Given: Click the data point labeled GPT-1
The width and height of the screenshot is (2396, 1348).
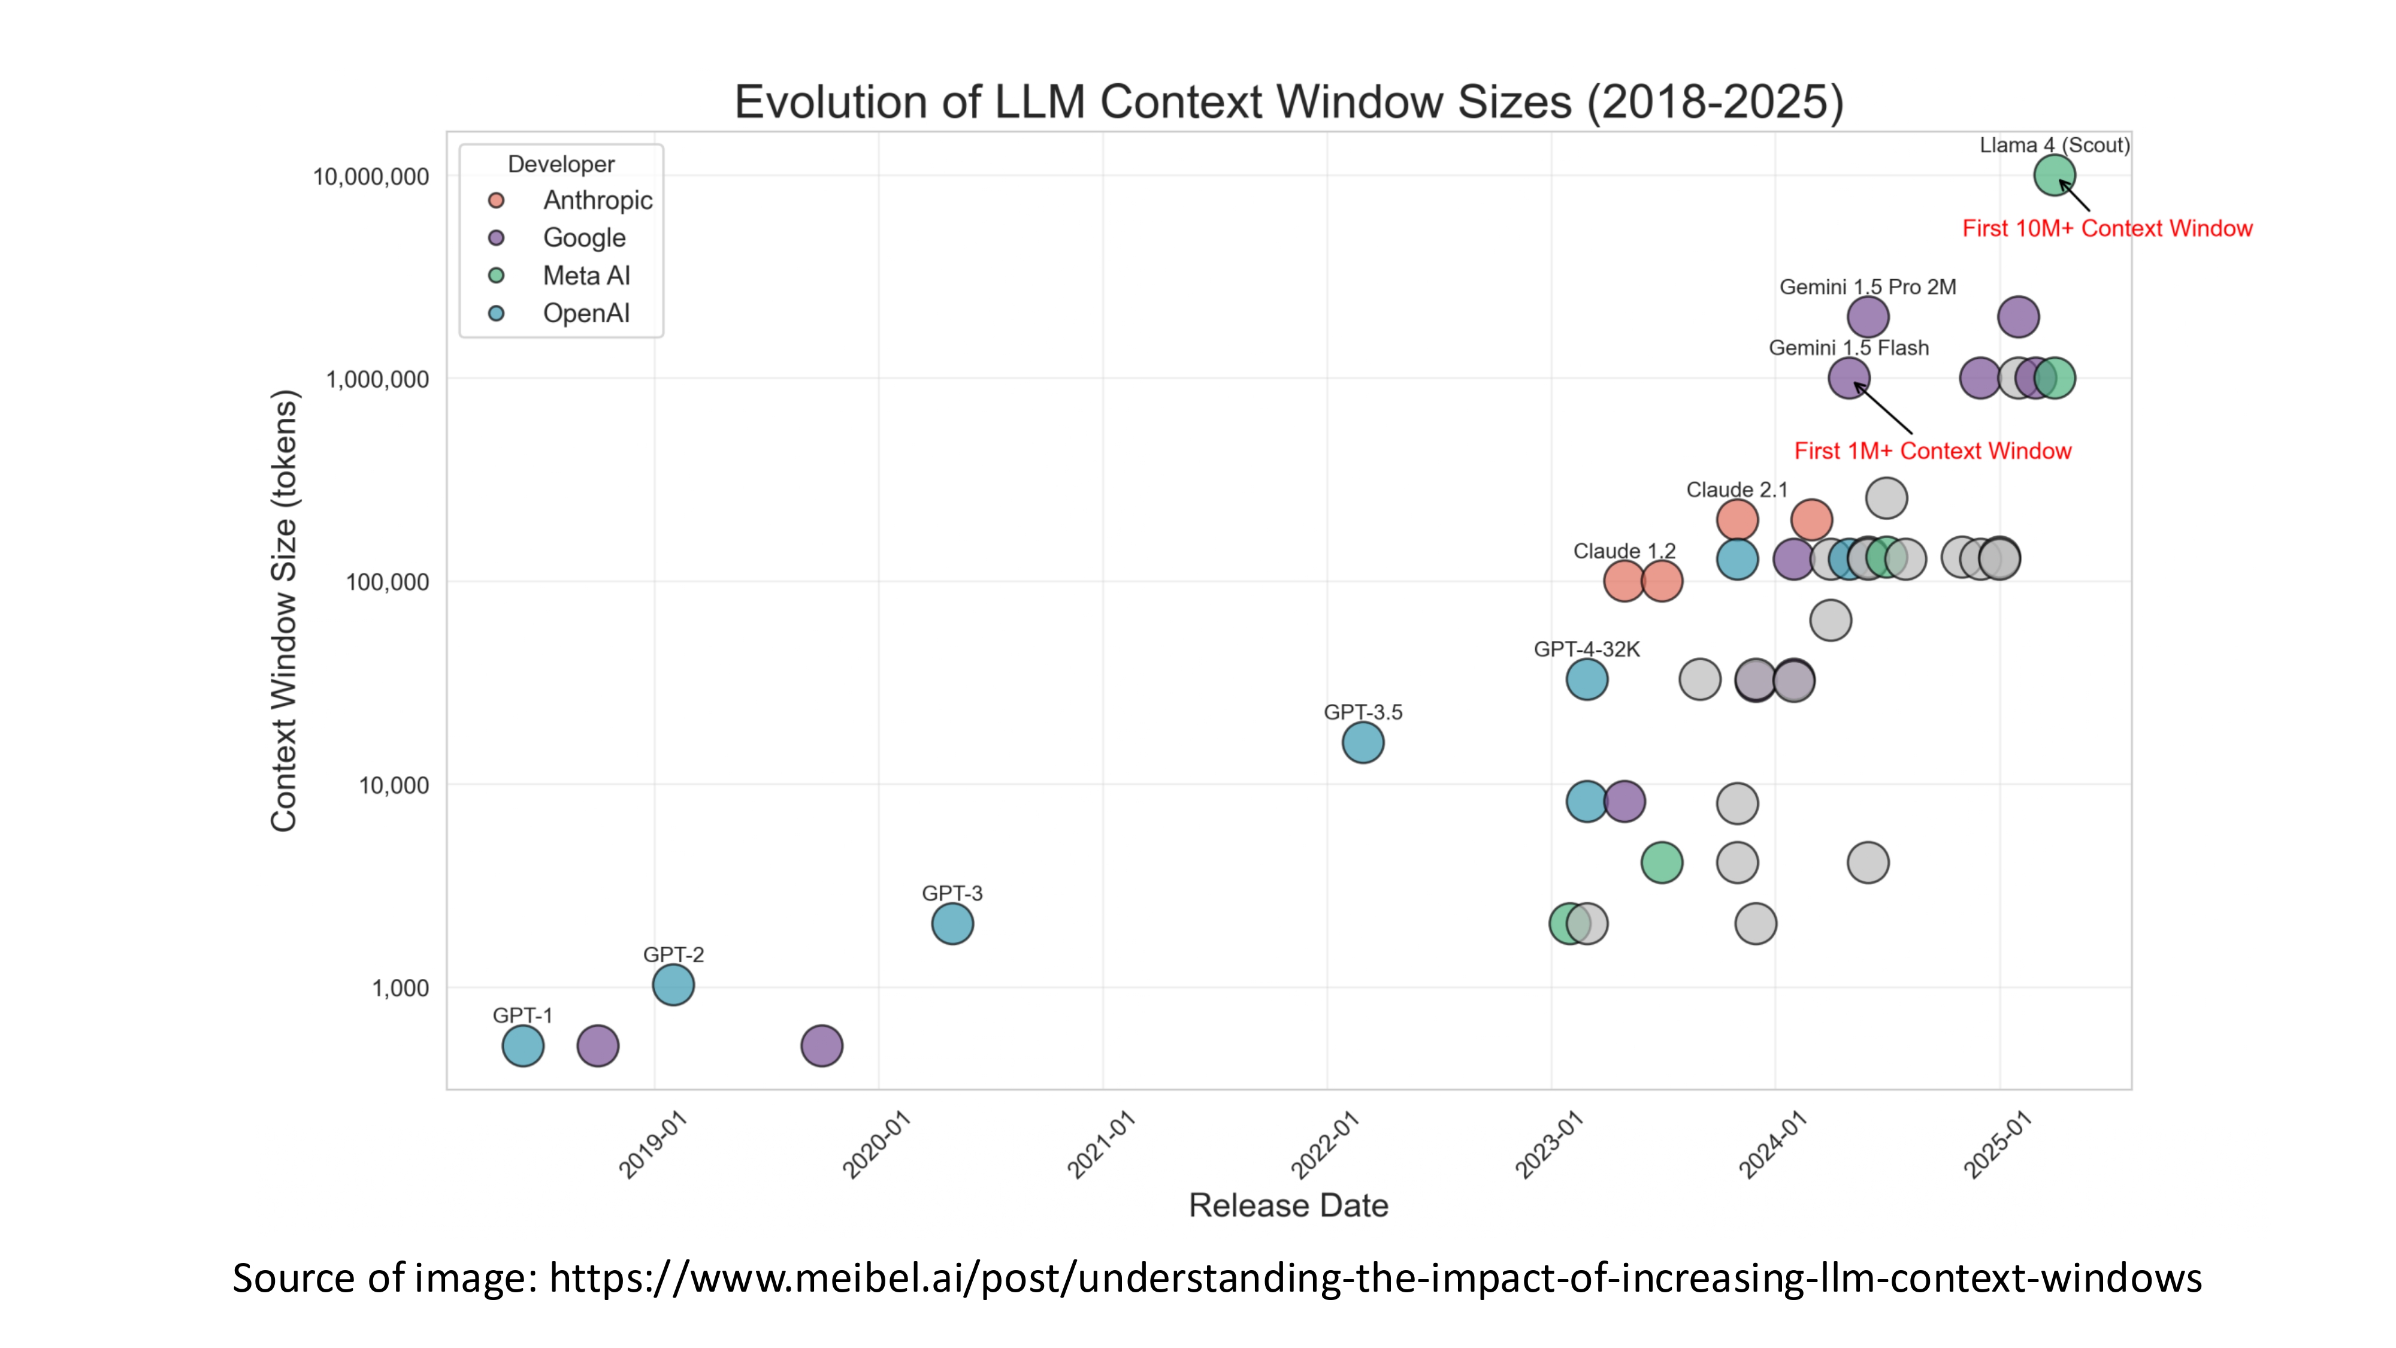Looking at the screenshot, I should [523, 1045].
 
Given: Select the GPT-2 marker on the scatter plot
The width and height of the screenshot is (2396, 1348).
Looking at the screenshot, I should [673, 985].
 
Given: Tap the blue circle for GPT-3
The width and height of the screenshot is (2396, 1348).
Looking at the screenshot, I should [952, 924].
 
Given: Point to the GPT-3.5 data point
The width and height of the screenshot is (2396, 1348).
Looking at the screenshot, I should [1363, 742].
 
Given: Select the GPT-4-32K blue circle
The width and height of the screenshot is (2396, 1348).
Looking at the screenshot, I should [1587, 679].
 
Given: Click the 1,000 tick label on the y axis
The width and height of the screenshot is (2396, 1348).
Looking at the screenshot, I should [401, 988].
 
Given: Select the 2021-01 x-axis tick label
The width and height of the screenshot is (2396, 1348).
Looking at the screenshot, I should [1102, 1144].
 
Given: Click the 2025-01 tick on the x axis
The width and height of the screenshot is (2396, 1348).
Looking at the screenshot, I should [1998, 1144].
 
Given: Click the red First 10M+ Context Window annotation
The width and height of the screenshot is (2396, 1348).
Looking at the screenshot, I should [2107, 229].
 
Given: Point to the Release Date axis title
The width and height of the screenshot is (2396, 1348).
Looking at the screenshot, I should [1288, 1205].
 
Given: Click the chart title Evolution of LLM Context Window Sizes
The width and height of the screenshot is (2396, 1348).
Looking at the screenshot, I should [1288, 102].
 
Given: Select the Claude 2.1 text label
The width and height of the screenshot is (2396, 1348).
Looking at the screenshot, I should [1737, 490].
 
